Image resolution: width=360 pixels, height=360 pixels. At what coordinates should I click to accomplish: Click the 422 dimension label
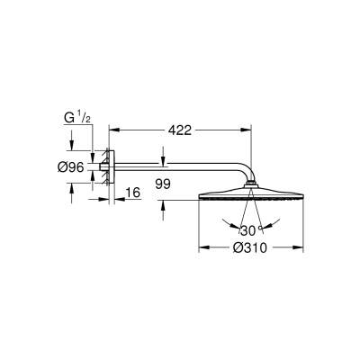[x=180, y=130]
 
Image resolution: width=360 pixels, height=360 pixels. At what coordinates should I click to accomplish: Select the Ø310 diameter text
[x=250, y=247]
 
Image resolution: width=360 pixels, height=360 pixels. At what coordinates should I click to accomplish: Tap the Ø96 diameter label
[x=70, y=167]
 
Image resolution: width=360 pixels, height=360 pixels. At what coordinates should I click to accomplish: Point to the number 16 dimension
[x=133, y=193]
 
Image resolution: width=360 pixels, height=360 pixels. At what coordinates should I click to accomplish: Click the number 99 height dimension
[x=163, y=184]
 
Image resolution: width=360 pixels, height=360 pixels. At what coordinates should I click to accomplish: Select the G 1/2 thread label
[x=77, y=118]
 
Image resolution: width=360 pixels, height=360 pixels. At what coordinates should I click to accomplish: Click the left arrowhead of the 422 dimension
[x=114, y=130]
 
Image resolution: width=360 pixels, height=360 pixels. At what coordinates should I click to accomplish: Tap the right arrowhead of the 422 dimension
[x=246, y=130]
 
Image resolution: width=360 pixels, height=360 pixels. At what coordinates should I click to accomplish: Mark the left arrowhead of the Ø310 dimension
[x=204, y=247]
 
